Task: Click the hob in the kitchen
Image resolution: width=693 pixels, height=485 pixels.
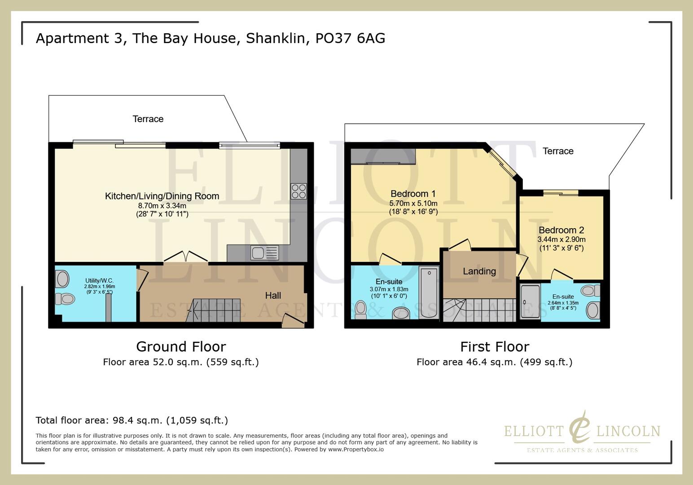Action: [x=298, y=191]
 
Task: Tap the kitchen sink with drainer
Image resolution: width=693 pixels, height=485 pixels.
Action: [x=265, y=253]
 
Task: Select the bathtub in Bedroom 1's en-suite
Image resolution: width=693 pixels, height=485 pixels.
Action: [x=429, y=292]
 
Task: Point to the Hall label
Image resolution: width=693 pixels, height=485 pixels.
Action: [x=273, y=295]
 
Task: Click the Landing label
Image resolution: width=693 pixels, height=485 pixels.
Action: [x=479, y=271]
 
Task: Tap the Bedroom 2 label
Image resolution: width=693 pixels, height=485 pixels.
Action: [x=561, y=230]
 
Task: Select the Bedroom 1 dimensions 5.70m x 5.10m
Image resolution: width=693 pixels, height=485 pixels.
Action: [x=413, y=203]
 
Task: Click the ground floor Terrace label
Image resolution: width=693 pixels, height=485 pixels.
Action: [x=148, y=119]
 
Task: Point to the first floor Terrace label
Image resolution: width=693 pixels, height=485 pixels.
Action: [x=558, y=151]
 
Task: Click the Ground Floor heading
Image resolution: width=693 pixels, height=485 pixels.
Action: [x=181, y=347]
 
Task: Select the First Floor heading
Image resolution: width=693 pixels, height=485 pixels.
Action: [x=495, y=347]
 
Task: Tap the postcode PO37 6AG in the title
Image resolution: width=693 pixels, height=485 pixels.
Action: [x=350, y=38]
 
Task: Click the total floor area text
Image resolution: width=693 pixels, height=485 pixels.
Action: [x=132, y=420]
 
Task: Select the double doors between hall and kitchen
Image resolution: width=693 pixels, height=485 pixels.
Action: [x=185, y=257]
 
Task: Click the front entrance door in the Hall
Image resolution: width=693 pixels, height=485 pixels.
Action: [x=293, y=320]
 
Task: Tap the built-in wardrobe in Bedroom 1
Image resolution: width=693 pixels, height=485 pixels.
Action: [x=383, y=156]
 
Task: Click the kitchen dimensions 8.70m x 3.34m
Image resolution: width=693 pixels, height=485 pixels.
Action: [x=162, y=206]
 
